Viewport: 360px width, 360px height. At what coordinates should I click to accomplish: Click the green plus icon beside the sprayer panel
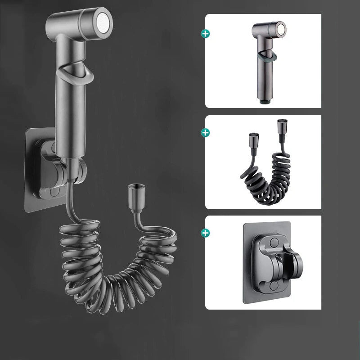pos(206,33)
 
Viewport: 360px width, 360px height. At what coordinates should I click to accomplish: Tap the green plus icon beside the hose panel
pos(206,132)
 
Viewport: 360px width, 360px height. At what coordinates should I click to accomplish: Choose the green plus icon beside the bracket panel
pos(206,233)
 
